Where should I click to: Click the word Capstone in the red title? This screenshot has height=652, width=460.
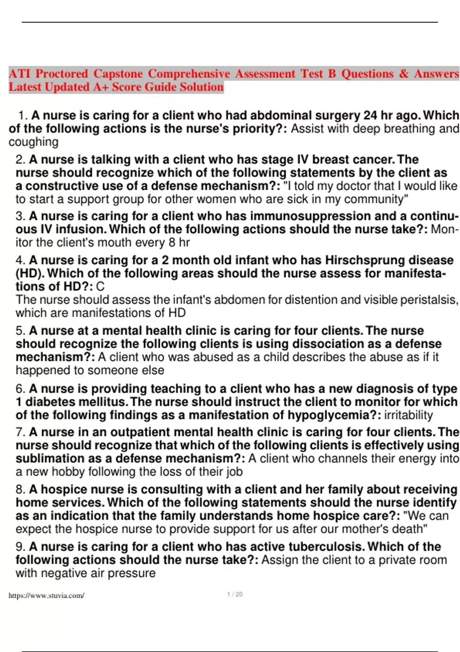click(118, 73)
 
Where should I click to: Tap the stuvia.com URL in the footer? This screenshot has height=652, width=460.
click(46, 596)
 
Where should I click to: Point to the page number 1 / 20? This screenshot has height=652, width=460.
click(235, 594)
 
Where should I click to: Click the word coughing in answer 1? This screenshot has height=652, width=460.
click(33, 142)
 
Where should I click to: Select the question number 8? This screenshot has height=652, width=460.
click(20, 489)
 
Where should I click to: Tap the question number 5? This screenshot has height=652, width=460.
click(20, 331)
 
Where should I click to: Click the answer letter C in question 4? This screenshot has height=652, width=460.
click(100, 286)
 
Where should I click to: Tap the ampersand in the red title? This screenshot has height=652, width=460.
click(403, 73)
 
